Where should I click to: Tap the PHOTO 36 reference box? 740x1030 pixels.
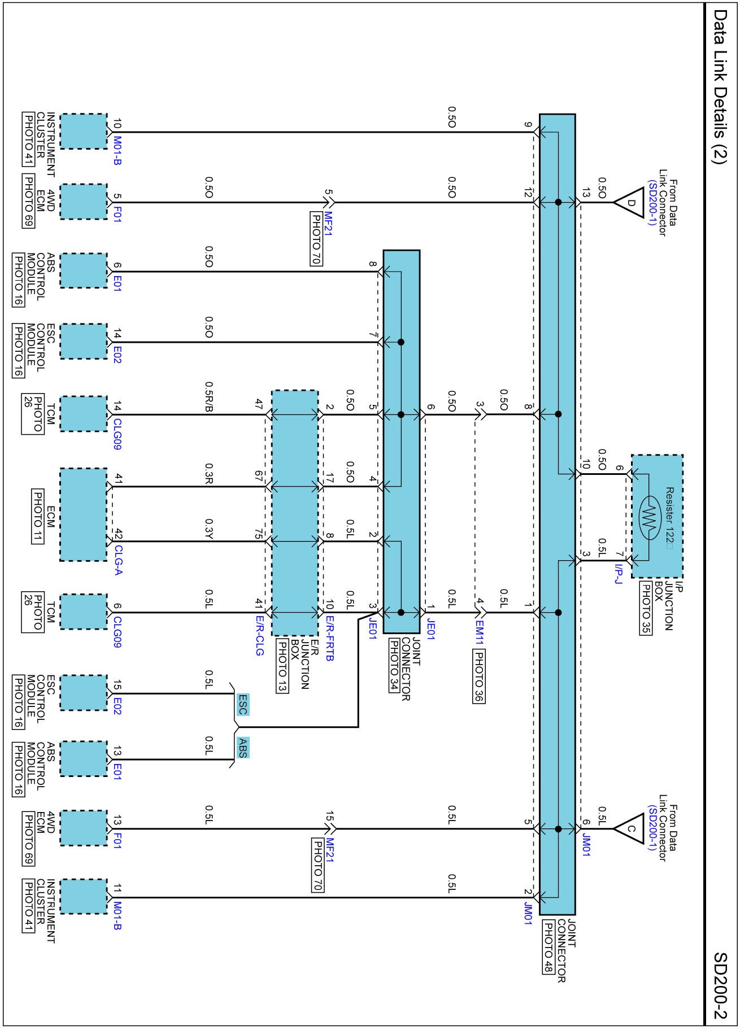pos(479,677)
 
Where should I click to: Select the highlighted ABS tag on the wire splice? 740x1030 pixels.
pos(242,748)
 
